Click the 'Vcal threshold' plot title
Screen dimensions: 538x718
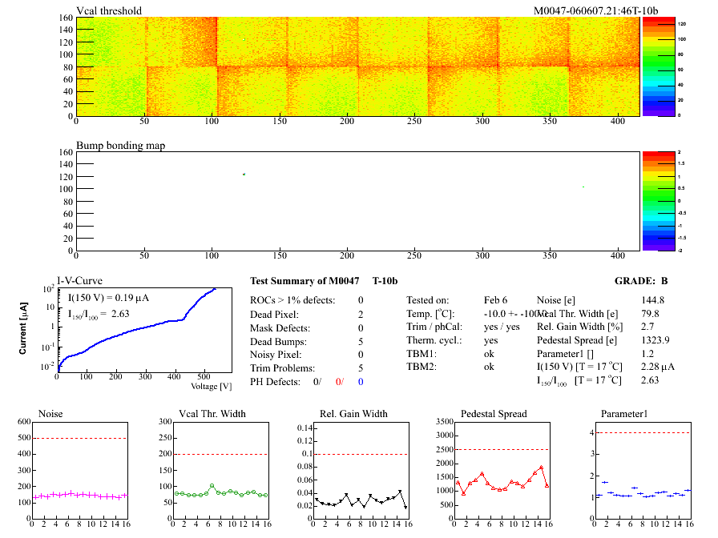tap(109, 10)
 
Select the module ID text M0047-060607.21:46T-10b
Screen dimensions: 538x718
tap(595, 10)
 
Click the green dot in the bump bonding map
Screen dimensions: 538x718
tap(244, 174)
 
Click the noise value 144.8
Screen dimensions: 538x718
tap(654, 300)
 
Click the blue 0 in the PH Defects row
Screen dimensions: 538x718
tap(361, 382)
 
